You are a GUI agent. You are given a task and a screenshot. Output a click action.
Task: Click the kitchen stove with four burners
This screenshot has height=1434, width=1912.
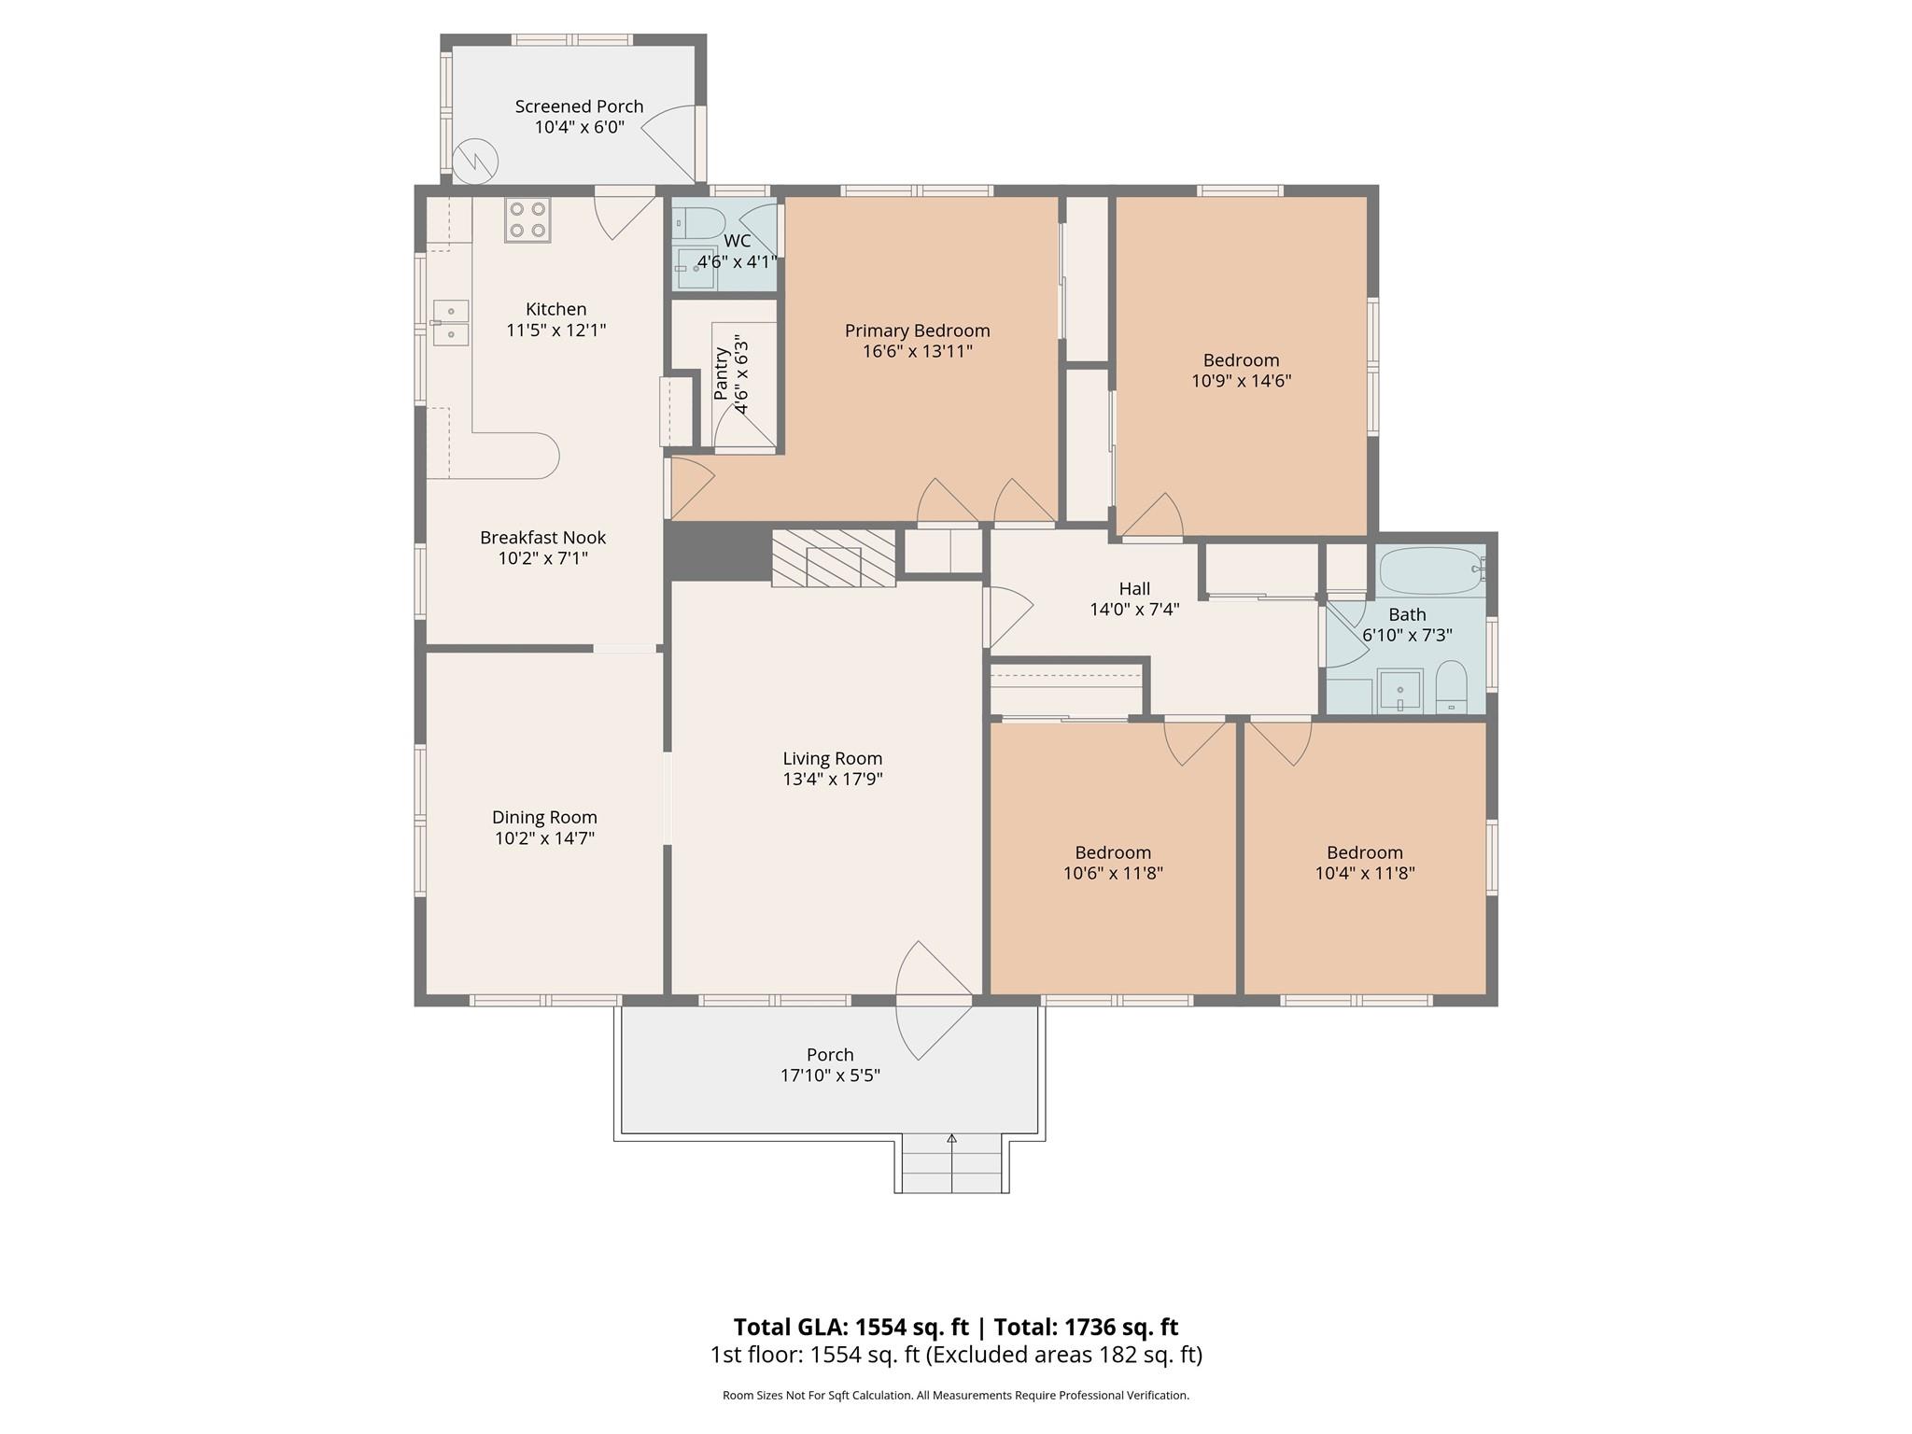527,220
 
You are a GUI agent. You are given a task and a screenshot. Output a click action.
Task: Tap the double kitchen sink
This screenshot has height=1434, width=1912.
451,323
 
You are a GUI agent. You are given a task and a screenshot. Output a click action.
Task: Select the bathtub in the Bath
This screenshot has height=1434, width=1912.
1430,570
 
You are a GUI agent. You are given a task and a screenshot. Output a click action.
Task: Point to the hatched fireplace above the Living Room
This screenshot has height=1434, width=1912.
833,559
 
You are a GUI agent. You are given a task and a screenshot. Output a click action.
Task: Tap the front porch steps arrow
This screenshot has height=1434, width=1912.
951,1139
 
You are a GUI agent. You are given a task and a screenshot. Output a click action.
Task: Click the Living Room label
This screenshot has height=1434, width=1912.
832,758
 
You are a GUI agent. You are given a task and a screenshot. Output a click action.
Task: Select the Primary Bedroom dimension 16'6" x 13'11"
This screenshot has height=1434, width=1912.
917,352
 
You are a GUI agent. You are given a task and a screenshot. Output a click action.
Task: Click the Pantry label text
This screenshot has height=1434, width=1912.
722,373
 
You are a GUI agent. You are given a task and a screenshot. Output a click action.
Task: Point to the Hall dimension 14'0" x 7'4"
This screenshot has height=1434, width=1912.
1134,610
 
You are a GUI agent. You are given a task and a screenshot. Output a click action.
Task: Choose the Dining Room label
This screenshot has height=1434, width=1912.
544,817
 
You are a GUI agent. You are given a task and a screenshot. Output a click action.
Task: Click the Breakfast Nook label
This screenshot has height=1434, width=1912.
542,538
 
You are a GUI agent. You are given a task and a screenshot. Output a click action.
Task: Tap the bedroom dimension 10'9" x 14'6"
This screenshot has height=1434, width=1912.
1241,381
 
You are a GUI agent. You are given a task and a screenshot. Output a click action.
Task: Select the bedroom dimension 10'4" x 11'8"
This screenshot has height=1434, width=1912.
1364,874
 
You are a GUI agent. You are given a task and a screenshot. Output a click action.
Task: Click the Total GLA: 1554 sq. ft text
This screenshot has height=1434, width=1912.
851,1327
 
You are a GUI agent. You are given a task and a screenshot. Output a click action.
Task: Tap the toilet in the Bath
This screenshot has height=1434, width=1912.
1451,689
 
